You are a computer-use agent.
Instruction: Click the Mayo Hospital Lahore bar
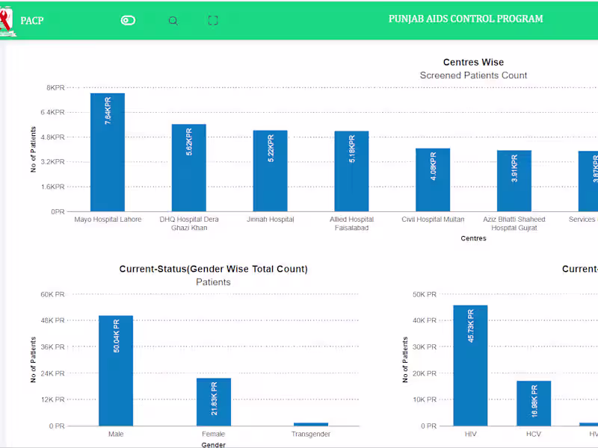(x=108, y=152)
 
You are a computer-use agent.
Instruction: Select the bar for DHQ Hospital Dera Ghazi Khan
(x=188, y=168)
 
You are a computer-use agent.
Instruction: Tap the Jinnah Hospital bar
(x=270, y=171)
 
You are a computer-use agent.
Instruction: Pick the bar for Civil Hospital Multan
(x=433, y=180)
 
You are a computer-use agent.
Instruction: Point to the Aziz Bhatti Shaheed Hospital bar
(x=514, y=181)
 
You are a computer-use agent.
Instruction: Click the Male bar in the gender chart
(x=116, y=370)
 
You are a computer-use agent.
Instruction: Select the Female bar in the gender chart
(x=214, y=402)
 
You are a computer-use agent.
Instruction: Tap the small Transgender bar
(x=311, y=424)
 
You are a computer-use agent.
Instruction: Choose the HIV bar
(x=470, y=365)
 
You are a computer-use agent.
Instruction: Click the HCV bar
(x=534, y=403)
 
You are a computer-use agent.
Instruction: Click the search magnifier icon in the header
(x=173, y=20)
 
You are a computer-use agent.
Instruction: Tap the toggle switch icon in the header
(x=128, y=20)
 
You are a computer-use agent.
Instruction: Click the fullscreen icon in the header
(x=213, y=20)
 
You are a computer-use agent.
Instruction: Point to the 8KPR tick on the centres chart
(x=55, y=88)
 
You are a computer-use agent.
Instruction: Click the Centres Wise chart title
(x=473, y=62)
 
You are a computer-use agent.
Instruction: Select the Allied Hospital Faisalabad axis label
(x=351, y=224)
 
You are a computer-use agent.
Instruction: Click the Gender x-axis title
(x=213, y=445)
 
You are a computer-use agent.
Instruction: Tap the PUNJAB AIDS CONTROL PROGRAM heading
(x=466, y=19)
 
